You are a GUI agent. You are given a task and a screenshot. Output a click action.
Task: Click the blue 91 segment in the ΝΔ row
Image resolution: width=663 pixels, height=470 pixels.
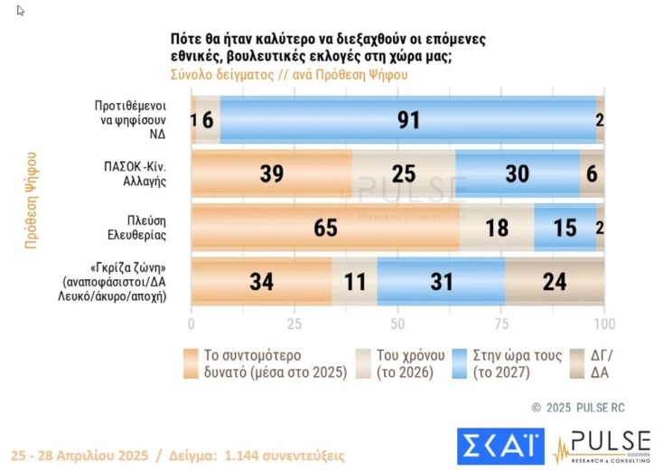point(408,118)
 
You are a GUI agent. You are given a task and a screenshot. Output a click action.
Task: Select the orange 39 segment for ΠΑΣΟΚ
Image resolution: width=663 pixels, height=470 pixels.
point(272,173)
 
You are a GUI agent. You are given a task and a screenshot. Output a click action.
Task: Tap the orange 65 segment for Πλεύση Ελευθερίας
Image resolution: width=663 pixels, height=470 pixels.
point(325,227)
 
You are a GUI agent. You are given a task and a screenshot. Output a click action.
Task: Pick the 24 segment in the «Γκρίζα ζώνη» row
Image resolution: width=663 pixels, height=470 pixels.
point(554,281)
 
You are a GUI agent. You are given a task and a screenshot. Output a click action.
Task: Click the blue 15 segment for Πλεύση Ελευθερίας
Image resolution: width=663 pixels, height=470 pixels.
point(565,227)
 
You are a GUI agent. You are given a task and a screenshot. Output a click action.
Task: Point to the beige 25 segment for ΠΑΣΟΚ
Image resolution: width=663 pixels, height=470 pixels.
point(404,173)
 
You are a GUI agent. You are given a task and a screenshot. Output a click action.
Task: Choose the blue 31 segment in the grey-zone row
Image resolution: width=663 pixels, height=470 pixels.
point(441,281)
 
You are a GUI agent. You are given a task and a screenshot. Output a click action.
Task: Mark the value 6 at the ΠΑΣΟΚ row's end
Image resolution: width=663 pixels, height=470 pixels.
point(592,173)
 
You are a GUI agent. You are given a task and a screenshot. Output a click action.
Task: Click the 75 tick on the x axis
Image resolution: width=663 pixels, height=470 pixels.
point(501,324)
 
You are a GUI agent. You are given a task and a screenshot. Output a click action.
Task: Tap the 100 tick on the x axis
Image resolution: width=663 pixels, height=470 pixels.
point(603,324)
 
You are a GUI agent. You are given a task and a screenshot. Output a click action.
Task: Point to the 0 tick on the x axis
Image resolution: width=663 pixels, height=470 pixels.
point(191,324)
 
